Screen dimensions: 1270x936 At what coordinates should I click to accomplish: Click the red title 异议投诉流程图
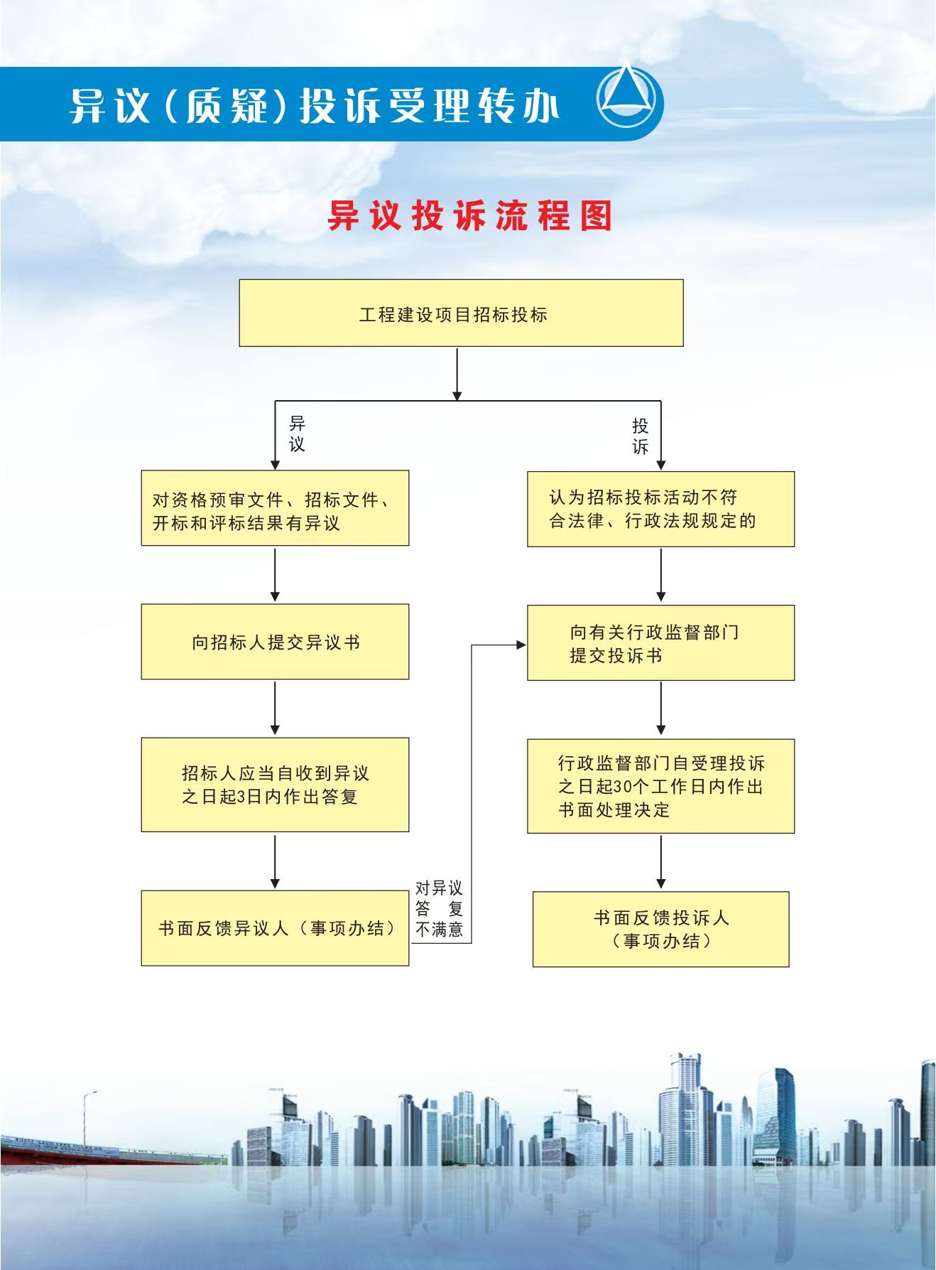[469, 215]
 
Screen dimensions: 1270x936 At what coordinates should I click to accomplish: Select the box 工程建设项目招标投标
[461, 313]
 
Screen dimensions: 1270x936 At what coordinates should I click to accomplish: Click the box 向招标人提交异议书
[275, 642]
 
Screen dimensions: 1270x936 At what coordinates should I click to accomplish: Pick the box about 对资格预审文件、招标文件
[275, 508]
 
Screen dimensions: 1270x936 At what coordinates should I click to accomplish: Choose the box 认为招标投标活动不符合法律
[660, 509]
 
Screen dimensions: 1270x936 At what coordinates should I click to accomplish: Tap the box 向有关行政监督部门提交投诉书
[660, 643]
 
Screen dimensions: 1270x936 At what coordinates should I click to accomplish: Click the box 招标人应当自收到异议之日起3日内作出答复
[275, 785]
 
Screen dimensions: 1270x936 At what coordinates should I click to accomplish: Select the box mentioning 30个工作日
[660, 786]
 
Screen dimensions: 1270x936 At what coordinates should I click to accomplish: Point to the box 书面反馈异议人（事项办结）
[275, 928]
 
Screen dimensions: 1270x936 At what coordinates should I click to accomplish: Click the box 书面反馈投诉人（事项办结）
[660, 930]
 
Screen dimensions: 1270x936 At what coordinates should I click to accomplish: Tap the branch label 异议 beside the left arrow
[297, 434]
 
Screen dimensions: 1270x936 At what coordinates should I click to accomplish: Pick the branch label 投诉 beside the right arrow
[641, 436]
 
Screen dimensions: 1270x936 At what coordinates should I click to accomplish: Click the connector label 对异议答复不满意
[439, 908]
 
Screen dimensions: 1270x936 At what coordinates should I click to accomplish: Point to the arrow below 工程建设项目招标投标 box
[457, 374]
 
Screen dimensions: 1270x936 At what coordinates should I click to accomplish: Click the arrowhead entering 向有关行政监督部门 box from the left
[521, 645]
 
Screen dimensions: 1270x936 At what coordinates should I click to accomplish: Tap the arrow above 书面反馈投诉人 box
[660, 862]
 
